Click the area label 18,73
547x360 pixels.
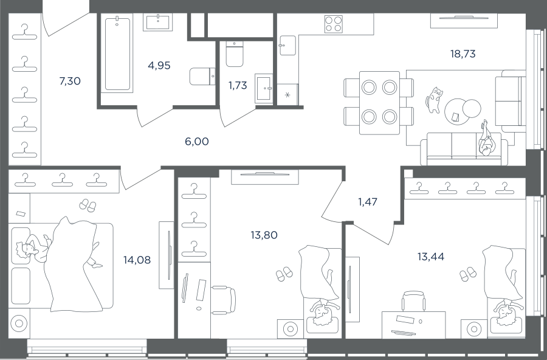463,54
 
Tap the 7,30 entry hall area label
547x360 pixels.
70,81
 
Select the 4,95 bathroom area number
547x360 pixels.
159,65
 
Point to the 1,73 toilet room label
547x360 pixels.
238,85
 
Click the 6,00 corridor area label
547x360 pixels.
197,142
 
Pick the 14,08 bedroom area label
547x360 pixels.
137,260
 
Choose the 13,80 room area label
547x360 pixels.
264,235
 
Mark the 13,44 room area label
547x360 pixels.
431,257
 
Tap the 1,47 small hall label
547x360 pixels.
368,202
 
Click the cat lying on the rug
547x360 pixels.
434,100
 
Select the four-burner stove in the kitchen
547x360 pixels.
333,24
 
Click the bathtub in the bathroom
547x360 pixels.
117,54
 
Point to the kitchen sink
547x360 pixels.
287,45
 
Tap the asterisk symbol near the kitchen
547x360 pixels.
287,95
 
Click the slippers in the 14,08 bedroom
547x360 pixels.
88,206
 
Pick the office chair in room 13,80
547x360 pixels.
224,300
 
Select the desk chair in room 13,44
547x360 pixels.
415,301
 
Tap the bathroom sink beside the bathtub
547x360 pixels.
158,22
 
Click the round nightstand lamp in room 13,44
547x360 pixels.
473,328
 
